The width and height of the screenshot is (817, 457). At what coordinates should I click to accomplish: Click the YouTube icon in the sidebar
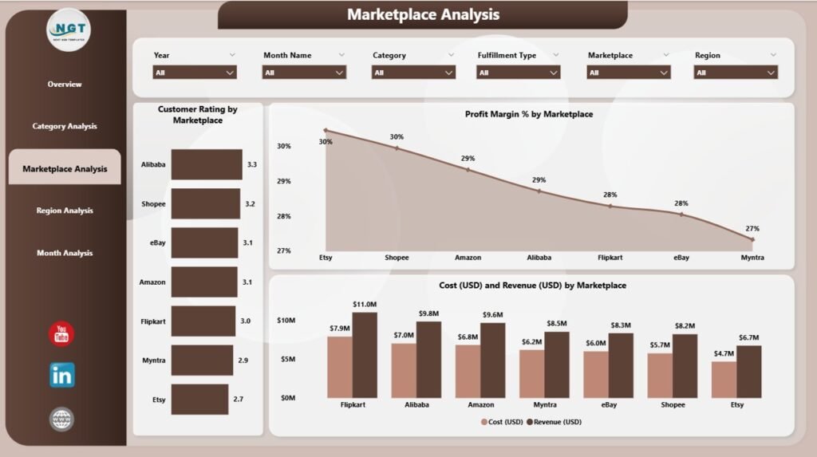61,334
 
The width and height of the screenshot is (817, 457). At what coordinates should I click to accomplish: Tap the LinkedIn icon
61,375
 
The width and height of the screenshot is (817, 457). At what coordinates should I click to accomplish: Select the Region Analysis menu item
65,211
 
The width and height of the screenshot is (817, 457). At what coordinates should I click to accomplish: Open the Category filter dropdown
413,72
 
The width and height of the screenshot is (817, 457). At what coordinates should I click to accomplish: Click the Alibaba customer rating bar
206,164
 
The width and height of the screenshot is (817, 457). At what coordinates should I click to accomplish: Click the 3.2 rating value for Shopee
250,204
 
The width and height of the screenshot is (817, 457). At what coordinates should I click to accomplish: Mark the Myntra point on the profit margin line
752,239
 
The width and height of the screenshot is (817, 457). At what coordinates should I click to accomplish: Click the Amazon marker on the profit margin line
468,170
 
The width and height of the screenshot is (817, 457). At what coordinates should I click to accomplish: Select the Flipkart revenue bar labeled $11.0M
365,354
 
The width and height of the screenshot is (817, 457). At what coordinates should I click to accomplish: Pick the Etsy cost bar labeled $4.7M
724,379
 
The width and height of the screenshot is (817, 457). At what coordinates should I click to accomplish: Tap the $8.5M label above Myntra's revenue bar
556,323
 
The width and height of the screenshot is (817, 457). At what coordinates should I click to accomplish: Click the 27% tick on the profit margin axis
283,250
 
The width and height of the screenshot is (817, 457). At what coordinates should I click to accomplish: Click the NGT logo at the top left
68,30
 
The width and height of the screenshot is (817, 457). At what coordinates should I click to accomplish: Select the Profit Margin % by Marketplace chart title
528,114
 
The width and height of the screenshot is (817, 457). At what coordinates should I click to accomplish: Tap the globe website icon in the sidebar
61,419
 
